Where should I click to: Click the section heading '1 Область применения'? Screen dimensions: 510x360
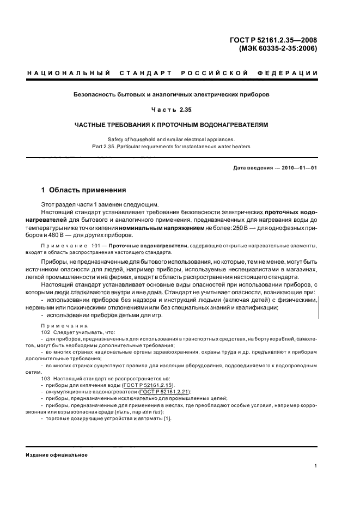(x=84, y=191)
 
